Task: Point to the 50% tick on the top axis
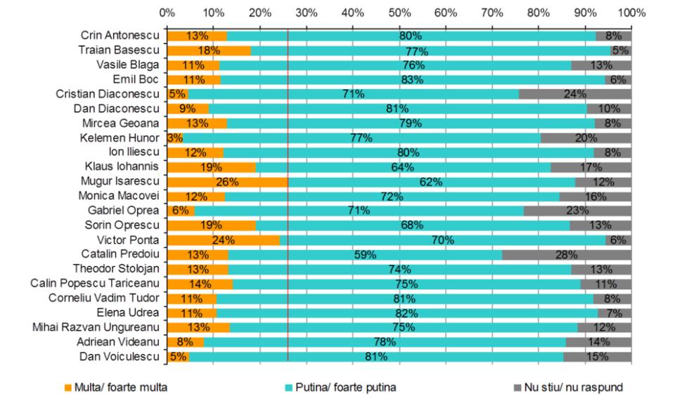click(x=399, y=12)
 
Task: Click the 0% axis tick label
click(x=167, y=12)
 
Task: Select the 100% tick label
click(x=631, y=12)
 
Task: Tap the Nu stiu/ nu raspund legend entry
click(x=572, y=386)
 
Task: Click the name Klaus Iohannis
click(x=123, y=167)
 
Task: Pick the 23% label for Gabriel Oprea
click(x=577, y=211)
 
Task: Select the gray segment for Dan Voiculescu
click(x=598, y=357)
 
